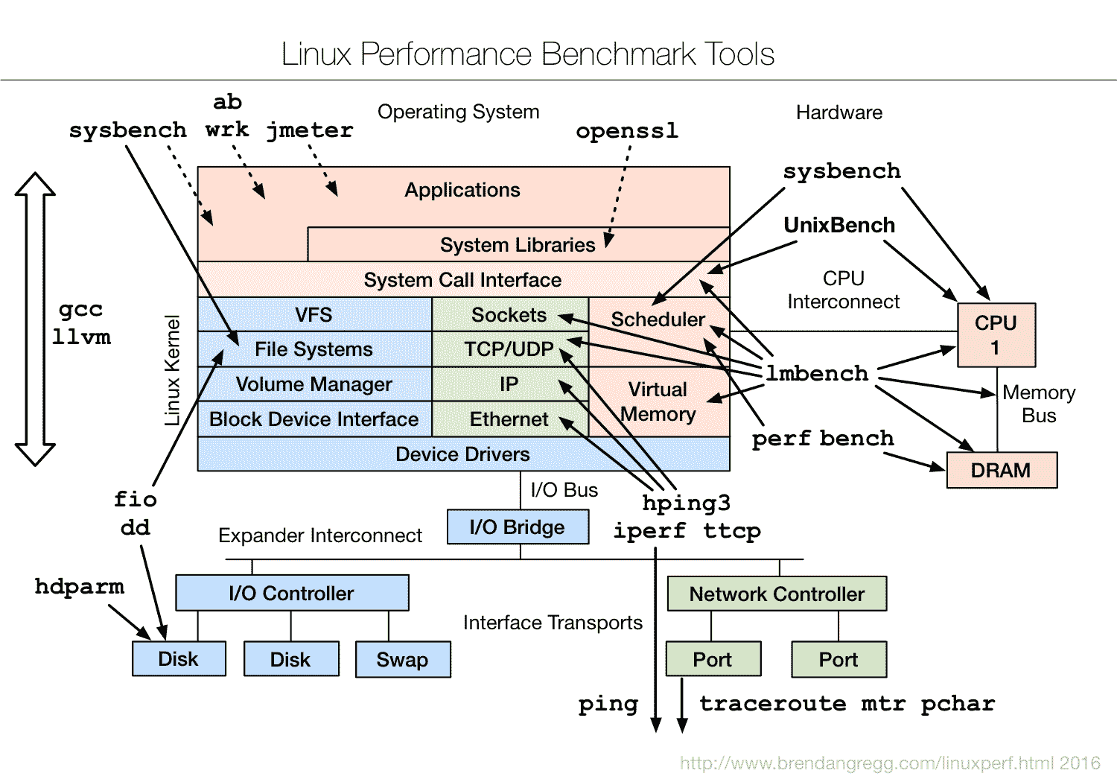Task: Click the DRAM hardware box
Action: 1002,471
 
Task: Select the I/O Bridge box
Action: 518,527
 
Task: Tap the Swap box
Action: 403,660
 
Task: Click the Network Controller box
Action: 777,594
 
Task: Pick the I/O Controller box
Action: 292,594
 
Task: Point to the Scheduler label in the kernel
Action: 658,320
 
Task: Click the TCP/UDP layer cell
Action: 509,349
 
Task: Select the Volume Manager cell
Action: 314,384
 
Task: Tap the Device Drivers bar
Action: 462,454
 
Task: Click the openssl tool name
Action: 627,131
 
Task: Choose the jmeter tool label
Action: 310,130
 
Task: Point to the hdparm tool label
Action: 80,587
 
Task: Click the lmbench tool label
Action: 817,373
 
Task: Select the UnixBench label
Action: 839,225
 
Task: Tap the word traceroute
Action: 772,704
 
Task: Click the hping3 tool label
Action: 686,503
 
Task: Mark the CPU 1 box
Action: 996,335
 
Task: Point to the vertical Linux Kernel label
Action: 173,370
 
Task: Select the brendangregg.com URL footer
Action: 890,763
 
